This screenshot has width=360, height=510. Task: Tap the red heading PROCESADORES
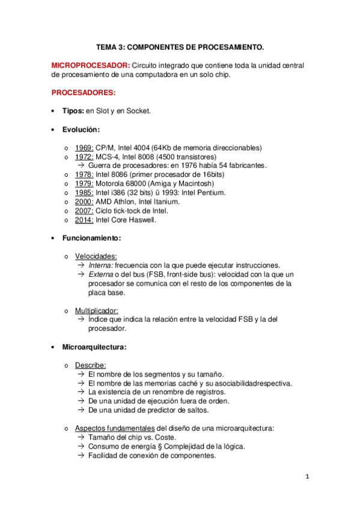pos(84,93)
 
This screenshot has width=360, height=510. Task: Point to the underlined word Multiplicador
pos(97,310)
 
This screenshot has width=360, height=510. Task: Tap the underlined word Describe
pos(90,364)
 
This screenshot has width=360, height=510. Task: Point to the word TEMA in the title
pos(108,46)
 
